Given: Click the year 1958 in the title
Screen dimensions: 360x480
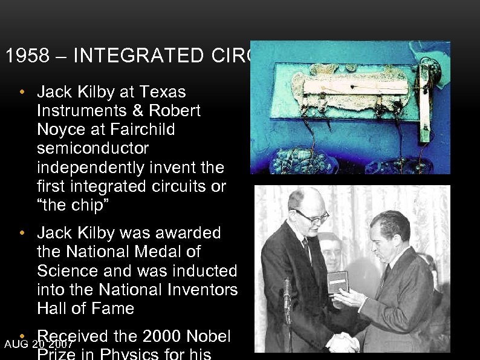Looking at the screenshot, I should [22, 56].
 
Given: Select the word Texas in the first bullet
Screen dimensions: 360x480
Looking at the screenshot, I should [163, 92].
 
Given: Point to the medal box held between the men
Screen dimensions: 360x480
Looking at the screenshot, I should [339, 282].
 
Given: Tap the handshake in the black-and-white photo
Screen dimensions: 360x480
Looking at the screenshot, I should [343, 342].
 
